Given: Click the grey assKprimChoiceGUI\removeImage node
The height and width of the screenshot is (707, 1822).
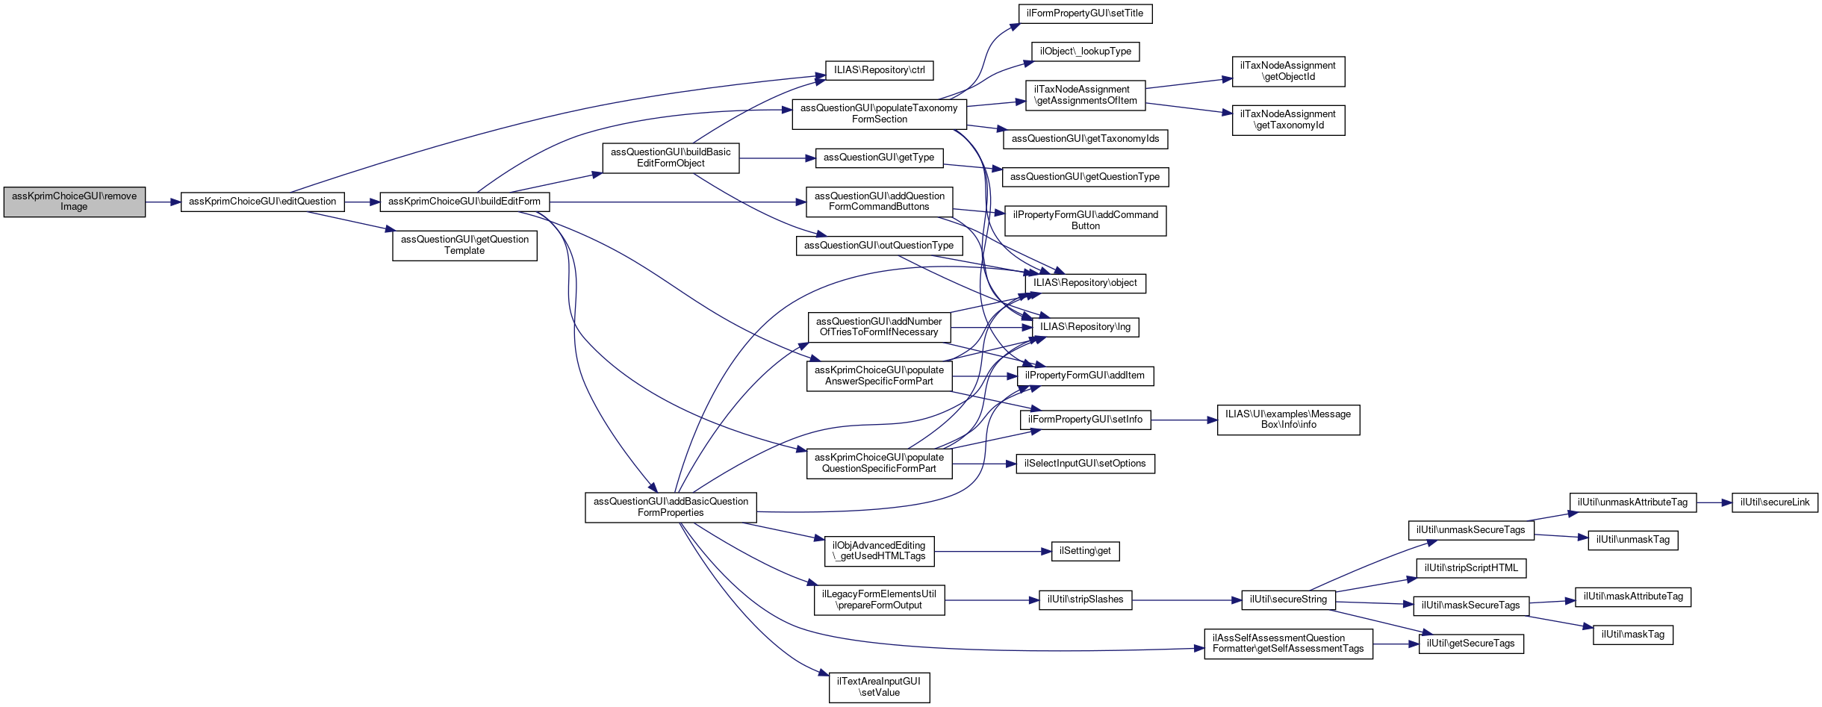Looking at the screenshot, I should coord(74,202).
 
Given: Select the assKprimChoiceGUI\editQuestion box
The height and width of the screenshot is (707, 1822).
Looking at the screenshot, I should coord(262,202).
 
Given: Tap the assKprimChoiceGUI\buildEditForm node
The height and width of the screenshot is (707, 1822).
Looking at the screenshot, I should coord(464,202).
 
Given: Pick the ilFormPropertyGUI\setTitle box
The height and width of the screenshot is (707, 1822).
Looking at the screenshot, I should coord(1084,13).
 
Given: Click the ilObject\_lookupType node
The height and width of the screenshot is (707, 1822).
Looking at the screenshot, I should coord(1085,52).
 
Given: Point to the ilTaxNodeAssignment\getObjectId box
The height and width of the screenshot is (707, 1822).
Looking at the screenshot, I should coord(1288,71).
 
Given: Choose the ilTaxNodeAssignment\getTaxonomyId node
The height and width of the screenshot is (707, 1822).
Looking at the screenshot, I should coord(1288,119).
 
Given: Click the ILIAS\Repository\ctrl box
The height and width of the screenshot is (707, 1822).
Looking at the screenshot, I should coord(879,70).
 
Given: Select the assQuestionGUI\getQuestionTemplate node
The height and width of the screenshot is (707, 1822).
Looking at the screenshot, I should coord(464,245).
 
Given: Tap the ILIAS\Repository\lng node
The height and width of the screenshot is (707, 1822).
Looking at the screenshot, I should coord(1085,327).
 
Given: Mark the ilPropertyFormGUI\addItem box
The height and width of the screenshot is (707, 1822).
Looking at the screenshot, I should coord(1085,376).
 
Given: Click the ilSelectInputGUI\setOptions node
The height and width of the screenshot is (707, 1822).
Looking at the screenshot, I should coord(1085,464).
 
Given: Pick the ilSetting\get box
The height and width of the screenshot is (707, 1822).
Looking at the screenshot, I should coord(1085,551).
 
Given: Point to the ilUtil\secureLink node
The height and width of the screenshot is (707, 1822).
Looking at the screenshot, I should coord(1774,502).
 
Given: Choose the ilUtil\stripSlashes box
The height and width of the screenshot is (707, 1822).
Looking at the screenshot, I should coord(1085,599).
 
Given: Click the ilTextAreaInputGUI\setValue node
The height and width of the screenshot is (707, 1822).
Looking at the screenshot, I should coord(879,687).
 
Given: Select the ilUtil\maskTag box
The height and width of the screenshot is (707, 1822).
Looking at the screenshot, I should coord(1633,635).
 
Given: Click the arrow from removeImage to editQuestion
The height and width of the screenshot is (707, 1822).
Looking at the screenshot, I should coord(163,202).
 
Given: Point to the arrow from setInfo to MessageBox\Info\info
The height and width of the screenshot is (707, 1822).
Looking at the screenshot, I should coord(1184,420).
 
